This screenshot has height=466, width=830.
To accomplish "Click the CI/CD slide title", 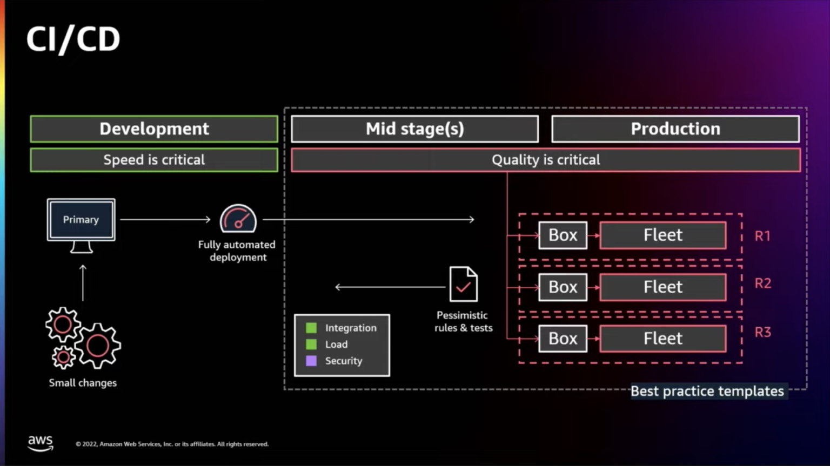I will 73,39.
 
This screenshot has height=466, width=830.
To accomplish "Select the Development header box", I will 154,129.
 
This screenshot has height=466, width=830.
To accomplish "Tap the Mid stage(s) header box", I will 414,129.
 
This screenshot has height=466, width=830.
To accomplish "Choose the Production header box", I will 675,129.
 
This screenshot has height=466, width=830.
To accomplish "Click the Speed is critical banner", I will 154,160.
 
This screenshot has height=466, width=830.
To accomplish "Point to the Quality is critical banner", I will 545,160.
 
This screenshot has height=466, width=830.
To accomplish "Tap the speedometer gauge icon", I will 238,219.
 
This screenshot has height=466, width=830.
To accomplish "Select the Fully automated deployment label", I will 237,251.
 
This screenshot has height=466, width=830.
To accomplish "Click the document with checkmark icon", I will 463,285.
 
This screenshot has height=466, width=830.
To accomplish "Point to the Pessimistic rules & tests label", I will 463,321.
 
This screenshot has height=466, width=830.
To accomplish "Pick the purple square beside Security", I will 311,361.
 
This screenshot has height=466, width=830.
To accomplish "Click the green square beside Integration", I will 311,328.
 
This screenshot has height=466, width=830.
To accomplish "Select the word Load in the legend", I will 336,345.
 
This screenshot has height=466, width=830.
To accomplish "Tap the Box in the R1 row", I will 563,235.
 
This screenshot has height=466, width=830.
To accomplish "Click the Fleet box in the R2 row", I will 662,287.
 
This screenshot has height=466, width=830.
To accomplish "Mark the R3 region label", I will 762,333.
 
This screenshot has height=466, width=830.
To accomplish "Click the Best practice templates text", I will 707,391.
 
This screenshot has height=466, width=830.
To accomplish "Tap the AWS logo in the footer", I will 41,443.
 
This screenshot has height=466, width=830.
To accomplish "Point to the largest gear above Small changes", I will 98,346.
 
